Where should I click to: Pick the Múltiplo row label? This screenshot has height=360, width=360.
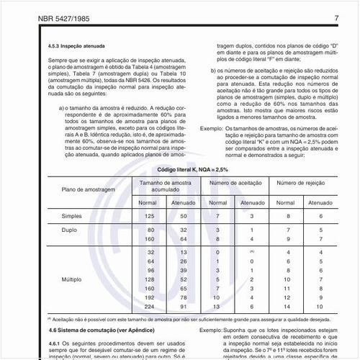coord(71,279)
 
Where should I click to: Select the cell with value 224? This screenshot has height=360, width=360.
coord(150,306)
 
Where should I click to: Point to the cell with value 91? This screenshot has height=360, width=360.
coord(184,306)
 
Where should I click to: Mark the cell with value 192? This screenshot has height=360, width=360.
coord(150,297)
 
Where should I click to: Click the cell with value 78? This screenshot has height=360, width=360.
coord(184,297)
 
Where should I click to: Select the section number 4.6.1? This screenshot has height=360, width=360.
coord(55,343)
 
